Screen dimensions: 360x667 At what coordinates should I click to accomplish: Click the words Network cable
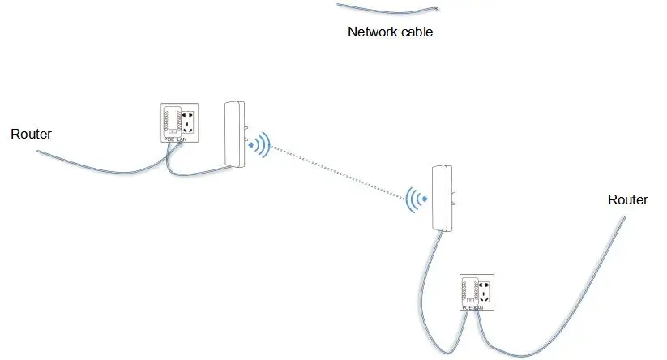tap(390, 32)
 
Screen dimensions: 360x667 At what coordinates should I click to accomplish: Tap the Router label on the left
tap(31, 134)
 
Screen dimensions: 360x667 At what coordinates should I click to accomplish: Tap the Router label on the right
tap(628, 199)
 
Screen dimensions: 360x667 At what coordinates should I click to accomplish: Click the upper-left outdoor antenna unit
tap(235, 135)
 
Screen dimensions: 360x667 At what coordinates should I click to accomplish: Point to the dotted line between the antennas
tap(336, 171)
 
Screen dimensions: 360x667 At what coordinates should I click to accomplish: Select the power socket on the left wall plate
tap(189, 122)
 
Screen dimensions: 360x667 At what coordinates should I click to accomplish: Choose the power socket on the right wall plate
tap(485, 291)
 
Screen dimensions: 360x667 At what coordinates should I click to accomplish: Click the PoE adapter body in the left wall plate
tap(171, 122)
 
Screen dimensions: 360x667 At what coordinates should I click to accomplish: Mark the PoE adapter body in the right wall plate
tap(468, 291)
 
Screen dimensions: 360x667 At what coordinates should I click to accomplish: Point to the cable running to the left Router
tap(97, 168)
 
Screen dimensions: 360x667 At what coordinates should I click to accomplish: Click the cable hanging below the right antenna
tap(425, 276)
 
